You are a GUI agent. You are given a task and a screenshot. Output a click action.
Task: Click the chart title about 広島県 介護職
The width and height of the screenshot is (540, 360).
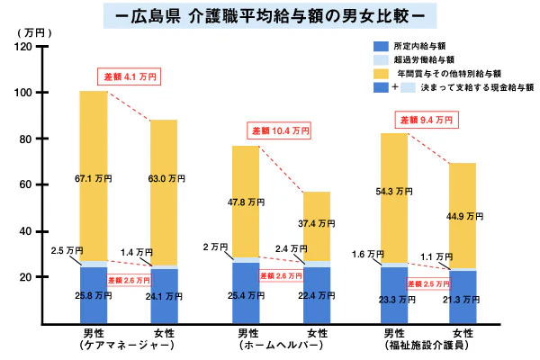pyautogui.click(x=270, y=16)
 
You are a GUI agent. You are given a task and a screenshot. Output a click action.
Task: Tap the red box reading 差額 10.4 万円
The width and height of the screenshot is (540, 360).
pyautogui.click(x=280, y=130)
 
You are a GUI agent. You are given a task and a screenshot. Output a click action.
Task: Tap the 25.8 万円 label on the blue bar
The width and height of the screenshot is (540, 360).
pyautogui.click(x=94, y=295)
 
